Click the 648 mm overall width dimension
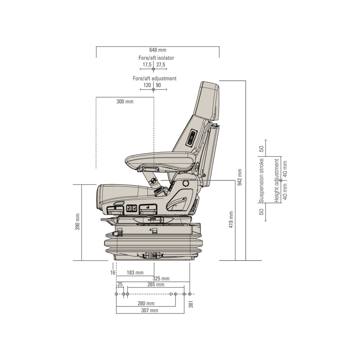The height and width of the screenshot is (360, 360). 157,50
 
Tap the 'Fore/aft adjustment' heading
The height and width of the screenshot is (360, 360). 154,78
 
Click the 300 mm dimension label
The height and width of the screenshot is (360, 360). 125,102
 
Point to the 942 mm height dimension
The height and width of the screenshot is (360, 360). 240,177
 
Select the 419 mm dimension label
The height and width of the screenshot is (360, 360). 231,220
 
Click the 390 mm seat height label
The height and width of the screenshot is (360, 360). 77,222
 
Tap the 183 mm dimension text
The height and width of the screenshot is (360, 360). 135,272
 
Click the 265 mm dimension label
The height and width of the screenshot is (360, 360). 156,284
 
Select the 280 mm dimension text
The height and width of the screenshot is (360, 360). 146,303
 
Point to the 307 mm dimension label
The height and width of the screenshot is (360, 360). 149,310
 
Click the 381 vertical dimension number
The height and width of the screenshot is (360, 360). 191,304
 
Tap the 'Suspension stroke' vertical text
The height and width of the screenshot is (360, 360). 261,181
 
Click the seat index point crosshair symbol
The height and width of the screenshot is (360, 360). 153,181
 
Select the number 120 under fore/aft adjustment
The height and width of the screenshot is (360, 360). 147,85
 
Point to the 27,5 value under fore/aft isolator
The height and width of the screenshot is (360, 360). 161,65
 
